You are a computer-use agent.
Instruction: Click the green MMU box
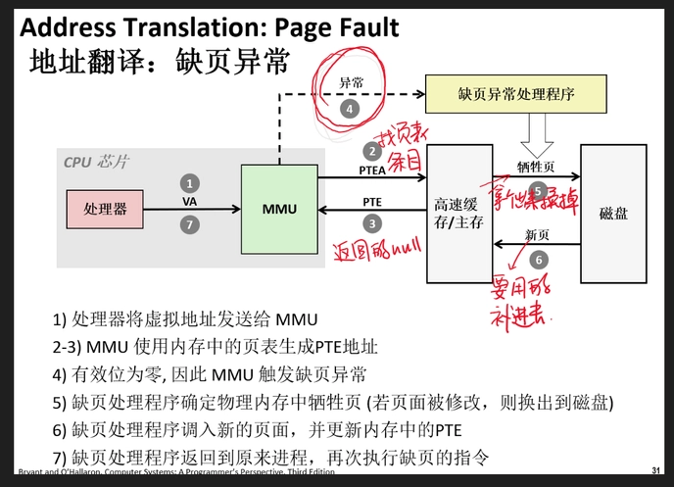click(x=282, y=209)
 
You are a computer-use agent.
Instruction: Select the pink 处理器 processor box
click(x=105, y=209)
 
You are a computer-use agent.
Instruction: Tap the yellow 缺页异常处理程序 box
click(x=514, y=95)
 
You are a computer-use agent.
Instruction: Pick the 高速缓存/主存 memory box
click(x=458, y=213)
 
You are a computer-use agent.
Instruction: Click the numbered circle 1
click(x=190, y=182)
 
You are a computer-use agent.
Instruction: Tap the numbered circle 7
click(x=190, y=224)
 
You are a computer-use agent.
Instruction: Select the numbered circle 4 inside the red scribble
click(x=350, y=110)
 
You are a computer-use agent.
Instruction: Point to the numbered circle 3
click(x=372, y=223)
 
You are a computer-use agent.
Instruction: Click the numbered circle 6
click(x=537, y=260)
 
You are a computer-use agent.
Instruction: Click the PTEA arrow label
click(x=373, y=169)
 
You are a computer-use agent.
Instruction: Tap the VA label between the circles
click(x=190, y=203)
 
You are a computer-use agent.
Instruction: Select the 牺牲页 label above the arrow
click(x=536, y=168)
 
